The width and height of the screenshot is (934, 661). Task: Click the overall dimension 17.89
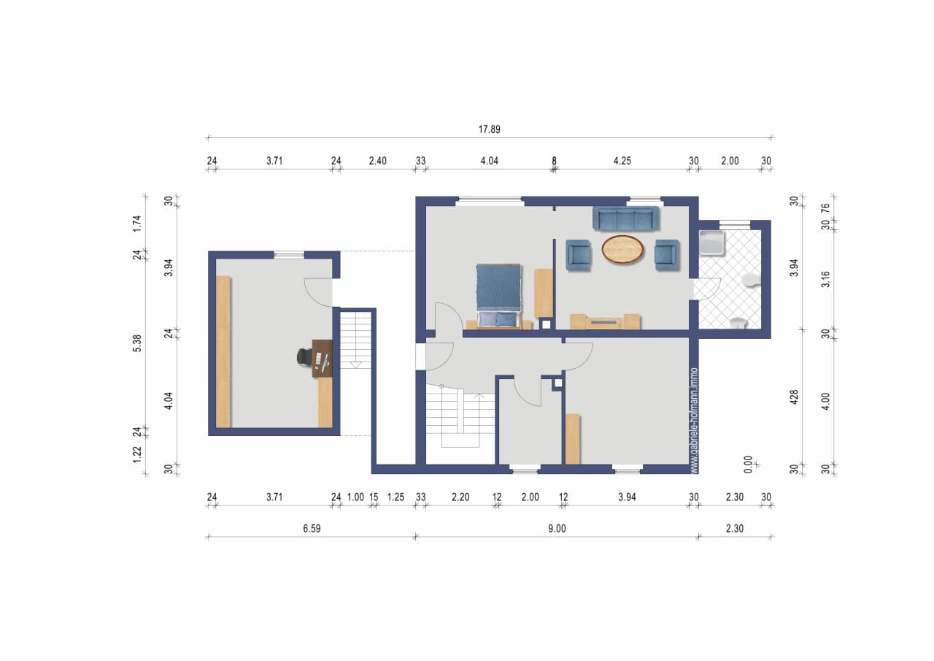(x=489, y=129)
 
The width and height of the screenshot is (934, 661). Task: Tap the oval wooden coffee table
(x=622, y=250)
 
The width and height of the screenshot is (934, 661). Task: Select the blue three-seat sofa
(x=625, y=218)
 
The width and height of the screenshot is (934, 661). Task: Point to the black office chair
(x=304, y=356)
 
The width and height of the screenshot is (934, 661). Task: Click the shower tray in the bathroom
(x=711, y=243)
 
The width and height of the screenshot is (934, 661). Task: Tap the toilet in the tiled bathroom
(x=751, y=280)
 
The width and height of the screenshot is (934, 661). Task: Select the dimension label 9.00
(x=557, y=529)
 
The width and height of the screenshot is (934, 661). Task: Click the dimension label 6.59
(x=312, y=529)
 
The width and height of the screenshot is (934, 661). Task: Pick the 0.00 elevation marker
(x=748, y=465)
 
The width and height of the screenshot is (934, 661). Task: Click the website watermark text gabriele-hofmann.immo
(x=694, y=421)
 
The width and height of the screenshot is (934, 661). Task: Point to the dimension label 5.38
(x=137, y=343)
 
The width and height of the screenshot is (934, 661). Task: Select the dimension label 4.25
(x=622, y=161)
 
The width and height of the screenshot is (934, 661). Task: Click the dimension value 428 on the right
(x=795, y=397)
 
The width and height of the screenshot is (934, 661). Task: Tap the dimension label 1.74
(x=137, y=223)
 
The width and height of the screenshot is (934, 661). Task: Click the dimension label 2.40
(x=377, y=161)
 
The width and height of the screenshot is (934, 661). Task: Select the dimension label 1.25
(x=395, y=497)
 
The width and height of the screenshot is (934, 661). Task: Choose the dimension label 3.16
(x=826, y=279)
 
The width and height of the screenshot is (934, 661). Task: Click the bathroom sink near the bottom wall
(x=738, y=323)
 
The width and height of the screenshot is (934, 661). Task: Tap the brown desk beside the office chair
(x=323, y=359)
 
